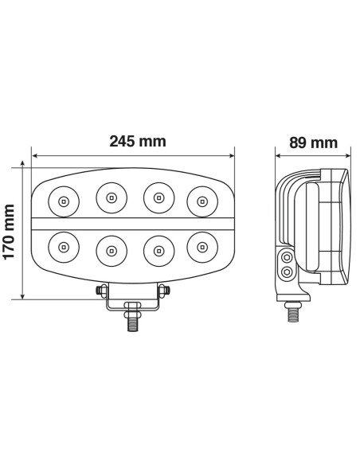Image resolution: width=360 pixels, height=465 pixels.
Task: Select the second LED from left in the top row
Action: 111,196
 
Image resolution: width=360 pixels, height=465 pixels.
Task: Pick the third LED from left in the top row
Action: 158,196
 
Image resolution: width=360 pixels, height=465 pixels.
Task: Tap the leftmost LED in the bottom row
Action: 62,248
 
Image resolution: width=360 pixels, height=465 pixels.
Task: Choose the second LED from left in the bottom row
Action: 111,250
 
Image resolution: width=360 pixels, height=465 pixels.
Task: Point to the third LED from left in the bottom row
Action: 158,250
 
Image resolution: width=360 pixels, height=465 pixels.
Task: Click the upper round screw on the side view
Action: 287,259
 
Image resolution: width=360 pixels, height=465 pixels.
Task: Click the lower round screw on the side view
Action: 287,272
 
